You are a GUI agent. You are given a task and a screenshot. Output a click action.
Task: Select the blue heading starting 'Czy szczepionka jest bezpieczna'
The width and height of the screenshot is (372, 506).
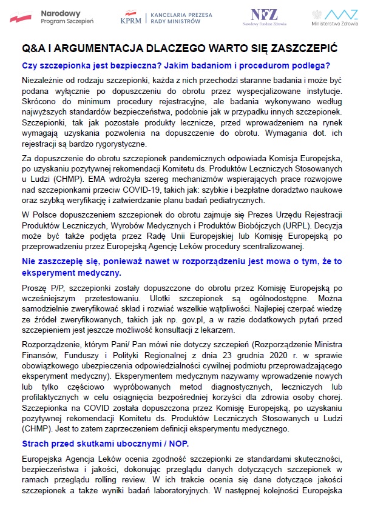pyautogui.click(x=176, y=65)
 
